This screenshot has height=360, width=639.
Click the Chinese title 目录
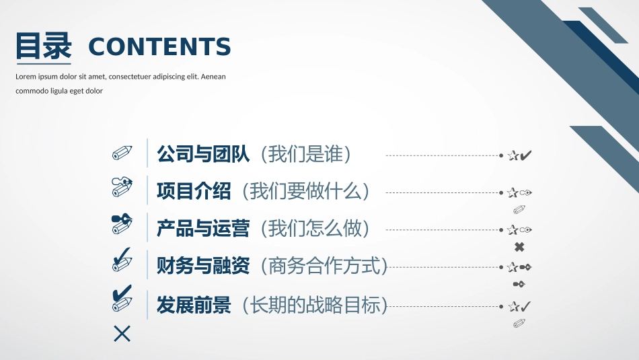point(44,46)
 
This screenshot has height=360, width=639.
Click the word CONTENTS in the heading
point(159,46)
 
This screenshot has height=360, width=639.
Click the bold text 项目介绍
point(194,191)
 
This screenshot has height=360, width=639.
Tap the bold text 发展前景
point(194,305)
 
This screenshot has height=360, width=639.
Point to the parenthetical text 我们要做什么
point(309,191)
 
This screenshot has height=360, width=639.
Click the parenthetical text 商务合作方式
point(328,266)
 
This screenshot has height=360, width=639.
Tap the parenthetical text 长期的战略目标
point(319,305)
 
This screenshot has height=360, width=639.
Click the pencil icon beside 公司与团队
point(122,153)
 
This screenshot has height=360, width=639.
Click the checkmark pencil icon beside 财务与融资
point(122,260)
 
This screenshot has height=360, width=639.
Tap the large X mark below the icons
point(122,333)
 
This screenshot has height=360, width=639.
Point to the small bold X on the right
point(519,247)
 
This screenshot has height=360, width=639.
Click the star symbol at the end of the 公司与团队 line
point(513,156)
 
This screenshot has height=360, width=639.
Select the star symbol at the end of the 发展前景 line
point(514,307)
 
